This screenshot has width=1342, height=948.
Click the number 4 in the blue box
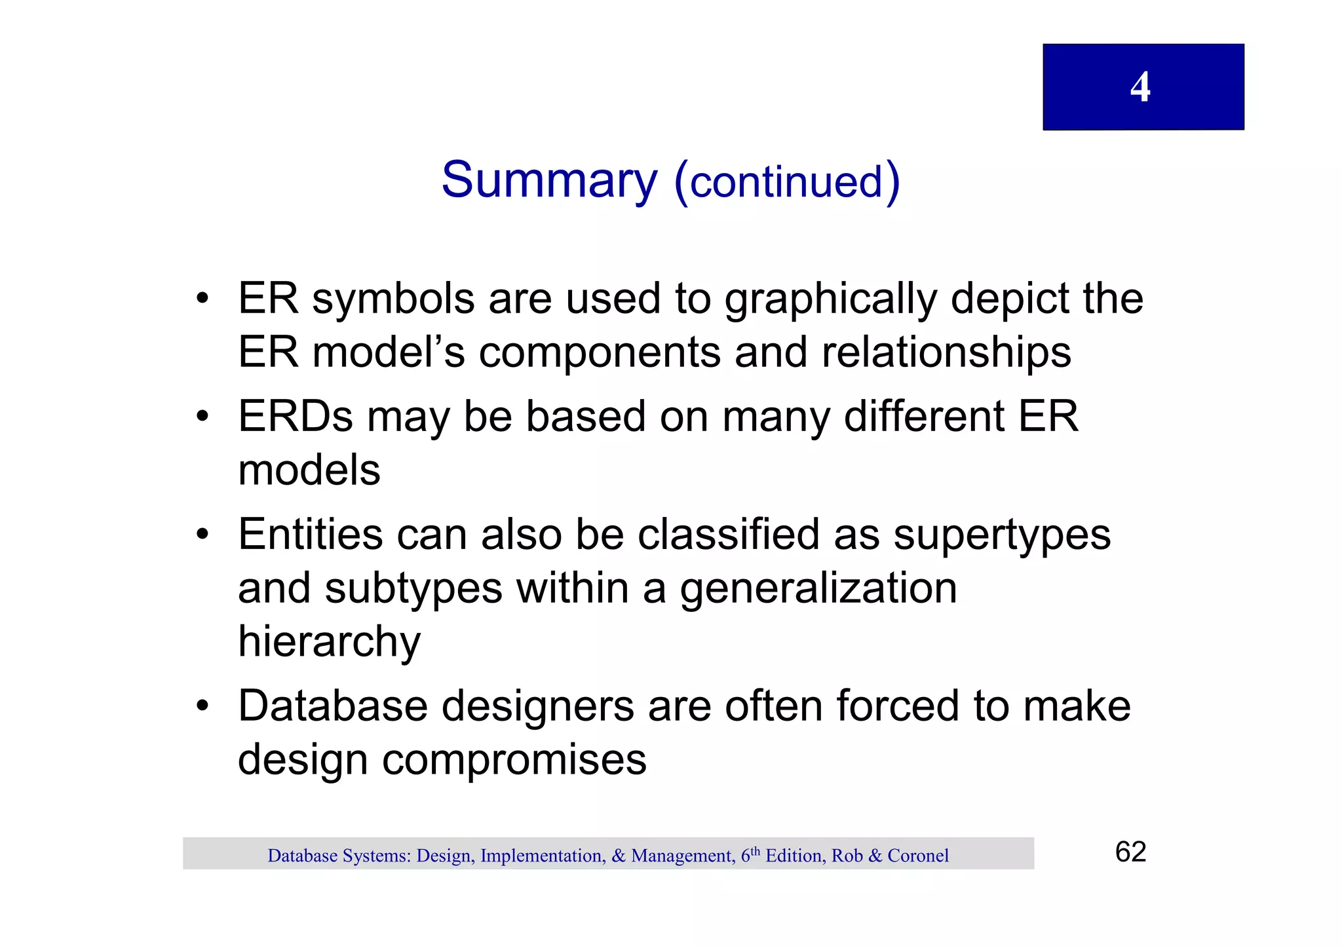click(1140, 87)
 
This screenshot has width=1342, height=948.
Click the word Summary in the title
click(549, 180)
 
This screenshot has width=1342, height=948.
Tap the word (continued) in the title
click(787, 181)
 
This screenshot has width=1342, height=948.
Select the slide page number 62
click(1130, 852)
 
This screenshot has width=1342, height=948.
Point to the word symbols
click(393, 299)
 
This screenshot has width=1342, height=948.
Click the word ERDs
click(296, 417)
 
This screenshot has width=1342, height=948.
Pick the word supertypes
click(1002, 535)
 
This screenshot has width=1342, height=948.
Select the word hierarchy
click(329, 642)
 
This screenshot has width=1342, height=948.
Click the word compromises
click(514, 760)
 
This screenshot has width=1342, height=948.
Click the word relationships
click(946, 353)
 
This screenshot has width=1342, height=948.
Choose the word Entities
click(310, 535)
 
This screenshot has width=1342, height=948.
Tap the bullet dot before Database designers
click(203, 706)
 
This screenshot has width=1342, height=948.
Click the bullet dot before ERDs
click(203, 417)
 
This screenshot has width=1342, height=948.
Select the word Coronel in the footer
click(917, 856)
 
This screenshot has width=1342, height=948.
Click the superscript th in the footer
click(755, 851)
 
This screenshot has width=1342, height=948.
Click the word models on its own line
click(309, 470)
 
